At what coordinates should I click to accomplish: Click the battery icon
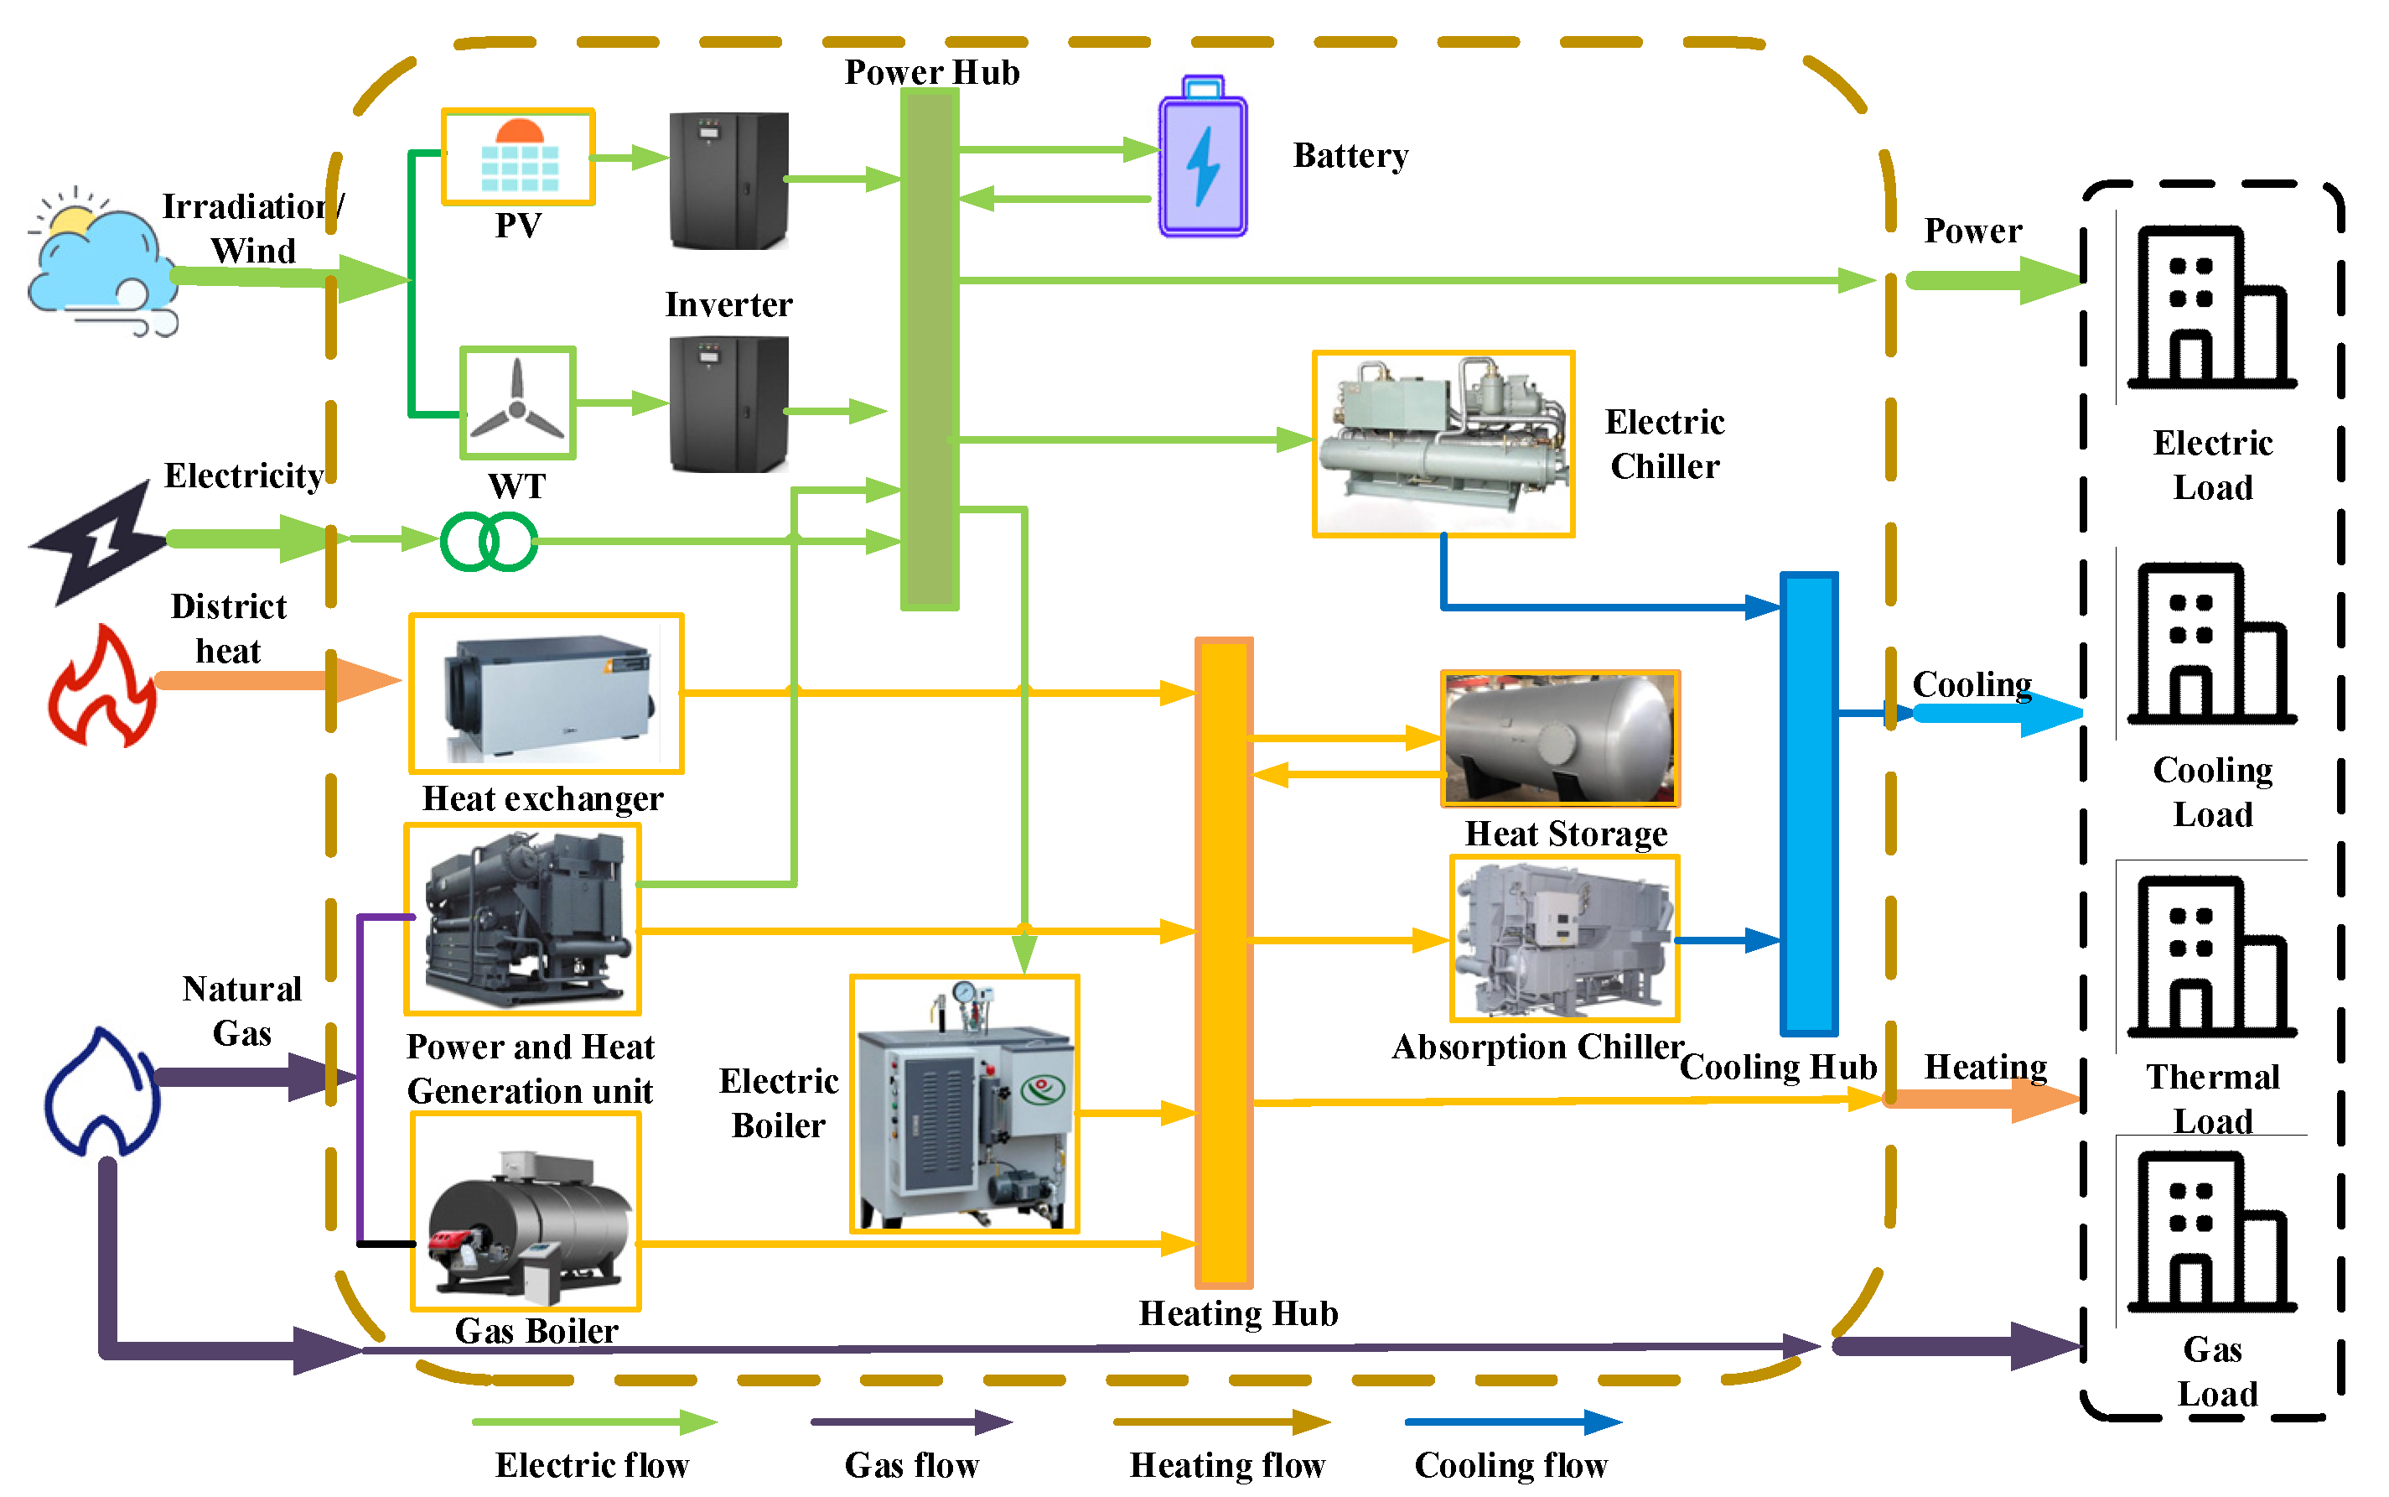tap(1201, 159)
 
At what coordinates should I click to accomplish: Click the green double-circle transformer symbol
tap(489, 542)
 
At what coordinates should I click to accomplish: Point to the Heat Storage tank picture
tap(1560, 739)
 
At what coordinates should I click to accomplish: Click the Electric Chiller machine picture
tap(1442, 444)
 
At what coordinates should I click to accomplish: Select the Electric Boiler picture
tap(964, 1104)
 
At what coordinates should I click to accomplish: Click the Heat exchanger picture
tap(547, 693)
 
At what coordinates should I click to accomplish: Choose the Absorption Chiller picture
tap(1563, 938)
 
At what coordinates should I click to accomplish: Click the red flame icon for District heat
tap(102, 686)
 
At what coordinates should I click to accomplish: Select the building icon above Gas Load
tap(2209, 1232)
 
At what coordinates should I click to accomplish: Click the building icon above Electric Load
tap(2209, 307)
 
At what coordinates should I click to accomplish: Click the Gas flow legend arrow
tap(910, 1422)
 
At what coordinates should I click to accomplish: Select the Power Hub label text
tap(931, 72)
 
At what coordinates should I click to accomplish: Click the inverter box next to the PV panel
tap(728, 180)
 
